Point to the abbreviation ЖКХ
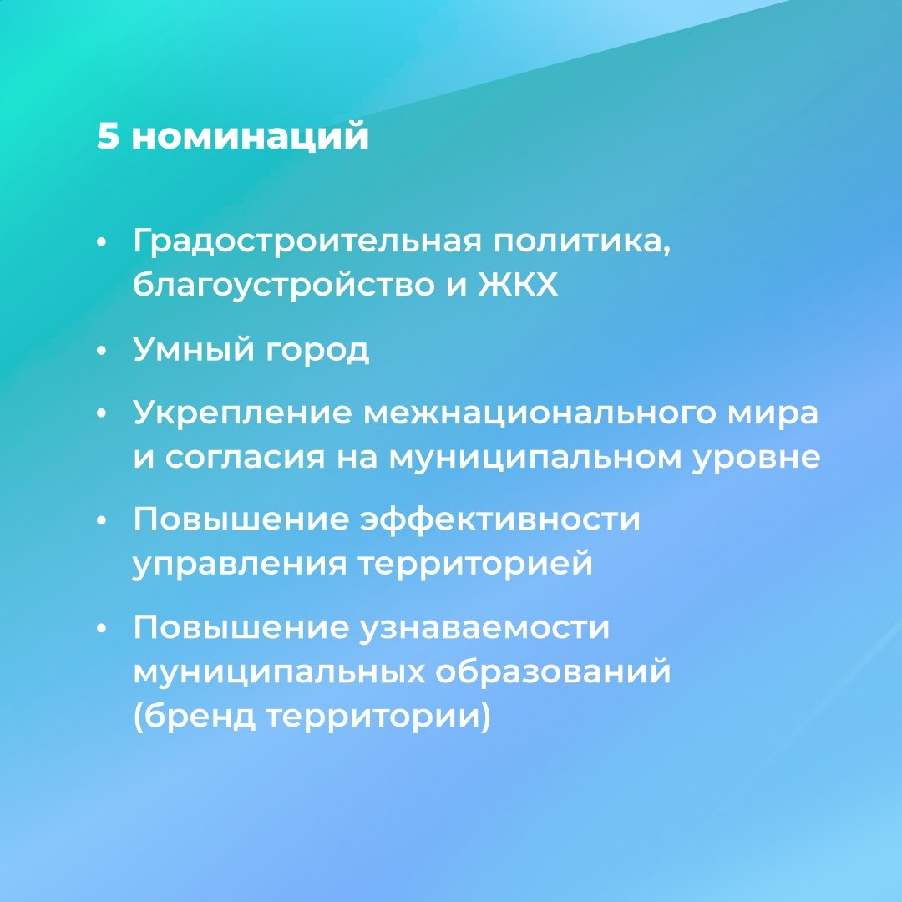(x=518, y=286)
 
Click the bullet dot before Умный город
(x=102, y=352)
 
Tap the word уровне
(x=756, y=458)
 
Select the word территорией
(x=475, y=565)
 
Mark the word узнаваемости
(x=484, y=628)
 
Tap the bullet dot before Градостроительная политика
(x=102, y=244)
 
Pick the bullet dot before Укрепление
(x=102, y=415)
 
